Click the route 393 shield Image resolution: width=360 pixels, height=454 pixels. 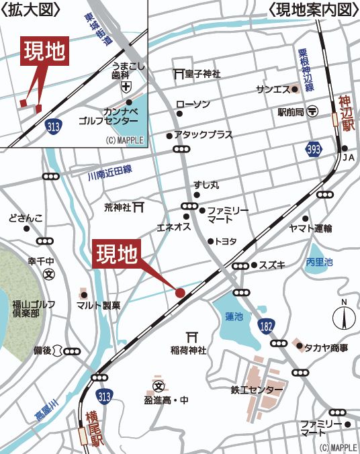pyautogui.click(x=312, y=147)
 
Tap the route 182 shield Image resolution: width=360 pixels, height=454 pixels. pyautogui.click(x=266, y=325)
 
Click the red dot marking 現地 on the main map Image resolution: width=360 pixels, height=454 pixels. pyautogui.click(x=180, y=292)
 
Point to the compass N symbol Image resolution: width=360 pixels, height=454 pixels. pyautogui.click(x=345, y=316)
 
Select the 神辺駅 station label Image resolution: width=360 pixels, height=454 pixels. pyautogui.click(x=346, y=112)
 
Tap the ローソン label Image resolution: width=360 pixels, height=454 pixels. pyautogui.click(x=193, y=104)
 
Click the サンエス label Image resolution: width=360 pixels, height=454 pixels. pyautogui.click(x=273, y=89)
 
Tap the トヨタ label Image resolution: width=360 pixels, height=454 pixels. pyautogui.click(x=225, y=241)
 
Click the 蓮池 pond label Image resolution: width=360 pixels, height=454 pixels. pyautogui.click(x=234, y=316)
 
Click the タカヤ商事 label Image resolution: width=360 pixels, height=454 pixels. pyautogui.click(x=326, y=347)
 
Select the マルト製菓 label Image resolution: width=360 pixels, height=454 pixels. pyautogui.click(x=98, y=306)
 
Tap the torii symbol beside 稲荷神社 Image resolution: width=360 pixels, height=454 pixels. pyautogui.click(x=188, y=337)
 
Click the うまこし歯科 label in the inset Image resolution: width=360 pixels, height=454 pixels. pyautogui.click(x=126, y=71)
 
